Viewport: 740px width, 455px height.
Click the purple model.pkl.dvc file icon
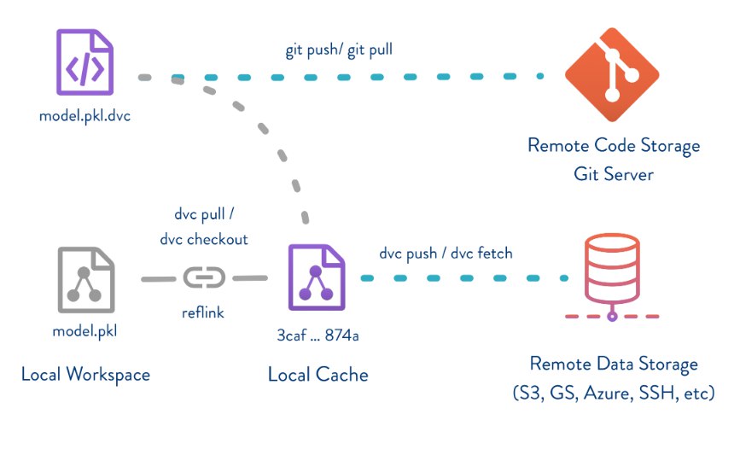(85, 62)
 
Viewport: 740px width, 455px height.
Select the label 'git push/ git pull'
(339, 50)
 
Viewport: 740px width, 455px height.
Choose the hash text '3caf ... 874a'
(317, 334)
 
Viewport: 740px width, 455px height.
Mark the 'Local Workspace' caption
(85, 374)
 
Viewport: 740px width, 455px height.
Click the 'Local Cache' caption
(318, 374)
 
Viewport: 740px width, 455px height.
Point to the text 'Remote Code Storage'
(614, 145)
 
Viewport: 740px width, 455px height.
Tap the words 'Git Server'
(614, 174)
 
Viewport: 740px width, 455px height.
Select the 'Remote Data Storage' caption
(614, 365)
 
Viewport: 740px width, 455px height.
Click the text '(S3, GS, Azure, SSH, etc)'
(614, 394)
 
